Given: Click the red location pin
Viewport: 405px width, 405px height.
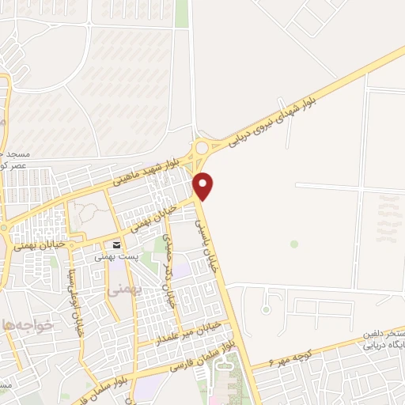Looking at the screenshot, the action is (204, 185).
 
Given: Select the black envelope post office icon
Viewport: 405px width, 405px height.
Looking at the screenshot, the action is (116, 244).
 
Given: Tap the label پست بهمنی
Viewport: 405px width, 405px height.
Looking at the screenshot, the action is (111, 256).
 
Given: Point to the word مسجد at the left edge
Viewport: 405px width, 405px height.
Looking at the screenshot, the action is (14, 153).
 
